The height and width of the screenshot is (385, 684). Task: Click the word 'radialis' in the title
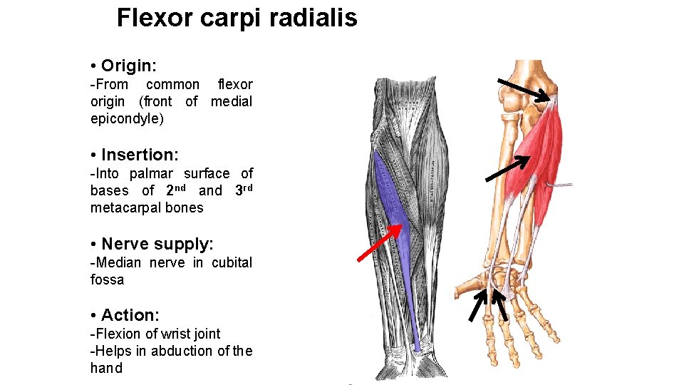[313, 18]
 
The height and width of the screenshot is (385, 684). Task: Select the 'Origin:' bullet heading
[129, 66]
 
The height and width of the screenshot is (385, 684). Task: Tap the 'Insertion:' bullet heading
[140, 155]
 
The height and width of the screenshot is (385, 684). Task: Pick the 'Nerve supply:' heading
[157, 244]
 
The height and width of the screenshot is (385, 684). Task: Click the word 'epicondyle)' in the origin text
[127, 118]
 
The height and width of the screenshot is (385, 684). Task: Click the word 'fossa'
[107, 279]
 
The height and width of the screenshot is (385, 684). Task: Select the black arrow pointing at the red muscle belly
[507, 168]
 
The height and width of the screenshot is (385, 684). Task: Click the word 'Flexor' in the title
[154, 18]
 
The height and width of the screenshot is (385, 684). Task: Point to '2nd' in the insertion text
[176, 190]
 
